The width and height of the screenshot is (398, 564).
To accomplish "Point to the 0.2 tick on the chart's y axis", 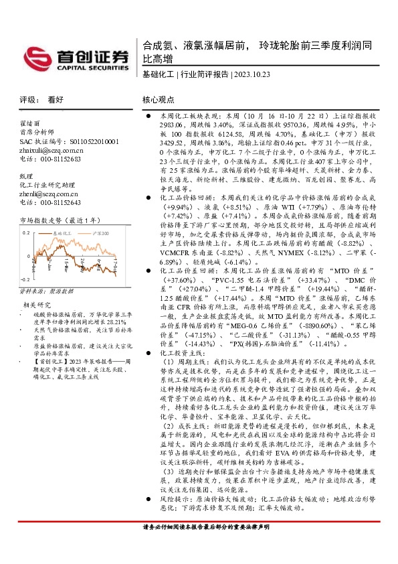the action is [27, 232].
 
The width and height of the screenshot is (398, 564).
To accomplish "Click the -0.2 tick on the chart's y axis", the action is [26, 277].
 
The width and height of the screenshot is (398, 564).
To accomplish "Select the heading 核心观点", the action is [159, 98].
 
